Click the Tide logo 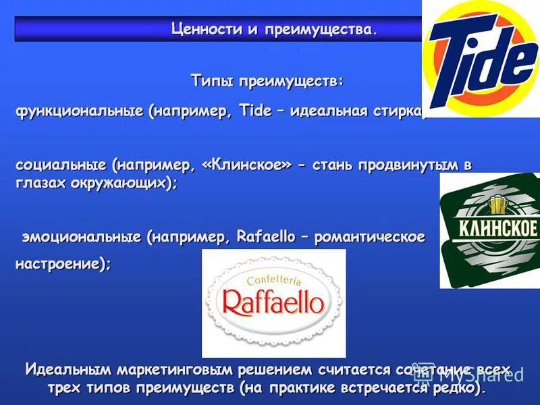click(481, 59)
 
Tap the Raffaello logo click(273, 302)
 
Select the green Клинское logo click(489, 230)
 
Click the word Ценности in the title click(201, 29)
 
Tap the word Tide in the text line click(255, 111)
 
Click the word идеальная click(329, 111)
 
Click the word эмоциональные click(82, 237)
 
